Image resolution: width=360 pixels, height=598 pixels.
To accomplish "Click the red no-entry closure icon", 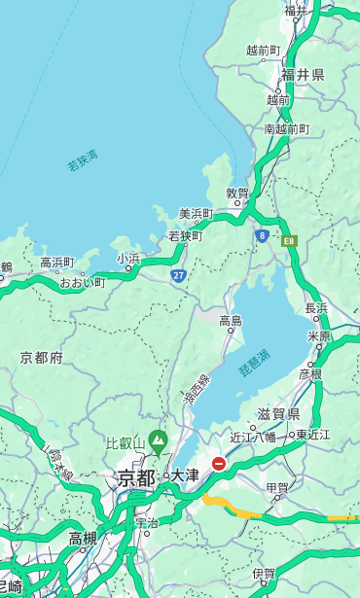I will click(x=219, y=464).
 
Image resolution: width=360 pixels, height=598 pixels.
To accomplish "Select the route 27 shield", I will click(x=178, y=276).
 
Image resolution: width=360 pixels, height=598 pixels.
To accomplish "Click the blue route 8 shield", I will click(x=262, y=235).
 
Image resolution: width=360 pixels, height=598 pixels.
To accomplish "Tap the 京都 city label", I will click(x=136, y=477).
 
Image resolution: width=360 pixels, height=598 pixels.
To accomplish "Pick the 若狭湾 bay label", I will click(x=82, y=160).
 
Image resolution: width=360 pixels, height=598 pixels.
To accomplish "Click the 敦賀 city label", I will click(x=237, y=193).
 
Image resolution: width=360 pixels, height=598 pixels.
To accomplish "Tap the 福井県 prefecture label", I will click(x=303, y=75).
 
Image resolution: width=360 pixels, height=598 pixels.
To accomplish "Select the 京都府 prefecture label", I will click(x=42, y=358).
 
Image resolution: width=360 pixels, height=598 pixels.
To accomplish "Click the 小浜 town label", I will click(x=128, y=258).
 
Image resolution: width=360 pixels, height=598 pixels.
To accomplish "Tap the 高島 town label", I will click(x=231, y=320).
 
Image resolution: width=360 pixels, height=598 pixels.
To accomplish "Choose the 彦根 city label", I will click(x=310, y=373).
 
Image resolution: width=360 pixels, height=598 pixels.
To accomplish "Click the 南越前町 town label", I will click(x=286, y=128).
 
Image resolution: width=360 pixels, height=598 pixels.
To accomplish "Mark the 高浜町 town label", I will click(x=56, y=262).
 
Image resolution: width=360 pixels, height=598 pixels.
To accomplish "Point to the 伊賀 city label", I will click(x=264, y=574).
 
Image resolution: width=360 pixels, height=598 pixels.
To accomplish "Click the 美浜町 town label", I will click(x=196, y=214).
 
